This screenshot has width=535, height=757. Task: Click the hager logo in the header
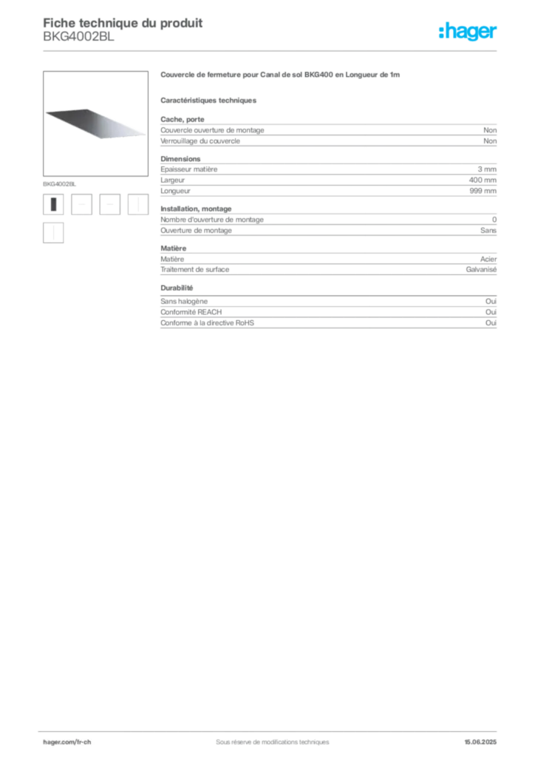[468, 31]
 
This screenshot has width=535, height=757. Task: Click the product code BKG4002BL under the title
[78, 37]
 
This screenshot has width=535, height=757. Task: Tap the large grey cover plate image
[95, 123]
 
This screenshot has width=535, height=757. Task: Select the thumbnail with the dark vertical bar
[53, 204]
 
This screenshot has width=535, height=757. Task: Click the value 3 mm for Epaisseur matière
[487, 169]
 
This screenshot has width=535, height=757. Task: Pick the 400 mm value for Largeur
[483, 180]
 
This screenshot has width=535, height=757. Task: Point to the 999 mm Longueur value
[483, 191]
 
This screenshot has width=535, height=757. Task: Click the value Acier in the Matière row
[488, 259]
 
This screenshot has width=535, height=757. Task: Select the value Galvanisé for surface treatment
[481, 269]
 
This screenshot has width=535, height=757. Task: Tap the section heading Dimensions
[180, 158]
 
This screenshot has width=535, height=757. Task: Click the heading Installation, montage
[196, 208]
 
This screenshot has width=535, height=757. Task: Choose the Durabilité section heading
[177, 288]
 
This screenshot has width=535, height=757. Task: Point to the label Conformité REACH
[191, 312]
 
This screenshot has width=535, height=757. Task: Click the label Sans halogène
[184, 302]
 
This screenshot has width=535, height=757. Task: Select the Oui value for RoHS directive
[491, 322]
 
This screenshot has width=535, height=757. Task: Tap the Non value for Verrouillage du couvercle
[490, 141]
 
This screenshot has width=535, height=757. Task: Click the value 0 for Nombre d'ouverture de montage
[494, 219]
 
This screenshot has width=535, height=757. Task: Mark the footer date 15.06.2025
[480, 742]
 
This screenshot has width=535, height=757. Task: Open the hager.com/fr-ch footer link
[67, 742]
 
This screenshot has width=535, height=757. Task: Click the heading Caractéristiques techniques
[208, 101]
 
